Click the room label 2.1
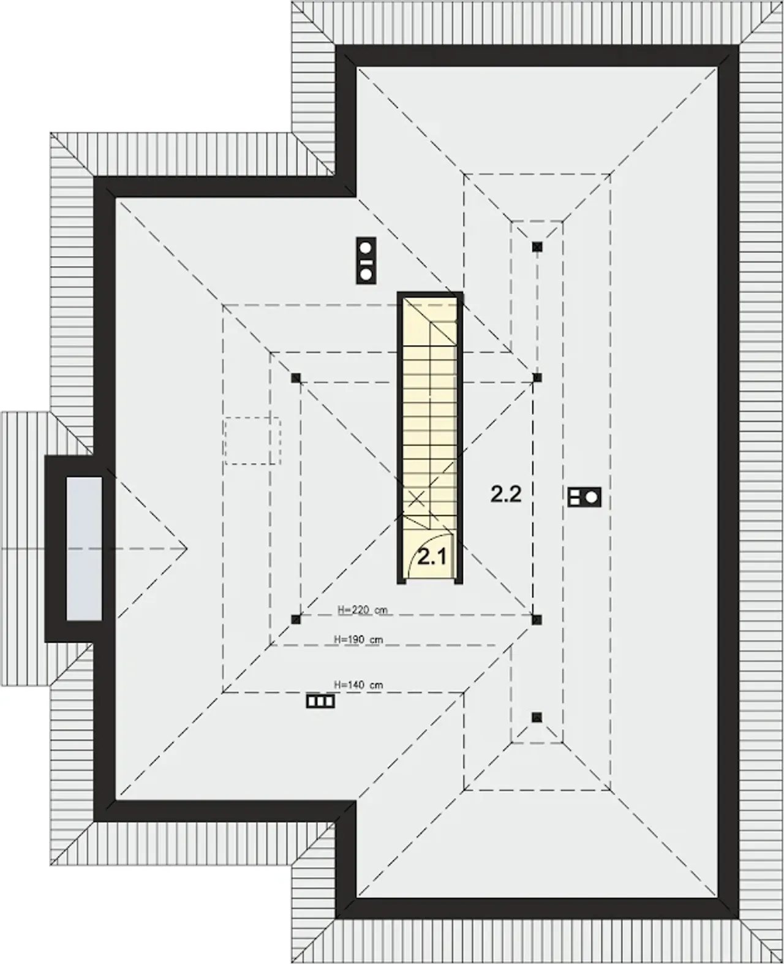[x=432, y=556]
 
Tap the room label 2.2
[x=506, y=494]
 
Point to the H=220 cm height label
[x=363, y=610]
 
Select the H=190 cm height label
[x=358, y=639]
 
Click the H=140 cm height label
[x=358, y=685]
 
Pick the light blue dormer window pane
[x=84, y=548]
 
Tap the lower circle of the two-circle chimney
[x=366, y=274]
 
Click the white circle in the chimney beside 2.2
[x=591, y=498]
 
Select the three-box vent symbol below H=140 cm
[x=320, y=702]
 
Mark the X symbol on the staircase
[x=417, y=499]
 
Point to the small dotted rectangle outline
[x=252, y=441]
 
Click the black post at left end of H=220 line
[x=295, y=620]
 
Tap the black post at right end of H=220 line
[x=537, y=620]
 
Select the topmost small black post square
[x=537, y=246]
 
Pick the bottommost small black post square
[x=537, y=717]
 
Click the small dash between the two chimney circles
[x=366, y=261]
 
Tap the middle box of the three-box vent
[x=320, y=702]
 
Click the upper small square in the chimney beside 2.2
[x=575, y=493]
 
